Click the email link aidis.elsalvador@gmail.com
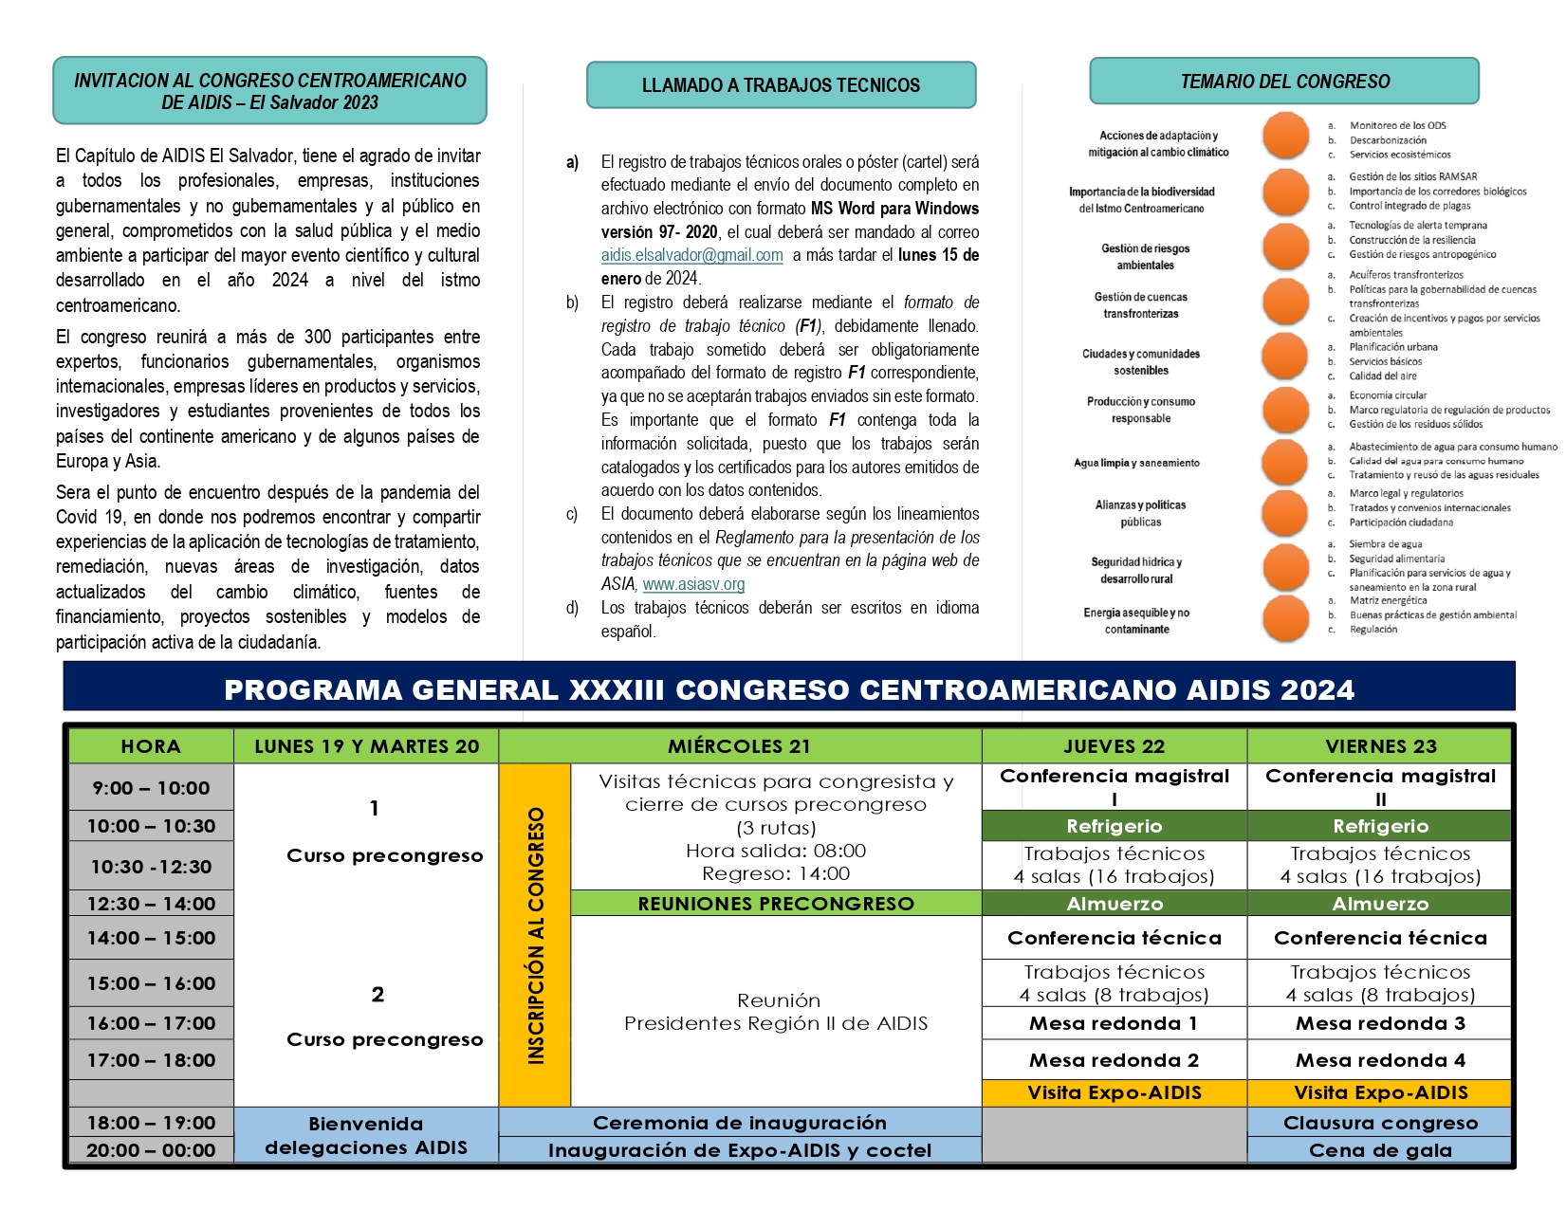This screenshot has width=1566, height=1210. (x=691, y=255)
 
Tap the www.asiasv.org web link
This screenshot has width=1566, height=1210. (x=693, y=584)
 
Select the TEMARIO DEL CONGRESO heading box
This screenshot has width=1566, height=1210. (x=1284, y=82)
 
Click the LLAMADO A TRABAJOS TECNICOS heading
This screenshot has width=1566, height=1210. (x=781, y=85)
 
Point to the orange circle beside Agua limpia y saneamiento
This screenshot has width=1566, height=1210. (x=1285, y=462)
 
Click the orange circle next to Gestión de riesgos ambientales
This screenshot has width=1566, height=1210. (x=1285, y=246)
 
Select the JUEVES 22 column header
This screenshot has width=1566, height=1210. (x=1114, y=746)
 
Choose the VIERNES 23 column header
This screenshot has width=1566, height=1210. (x=1380, y=746)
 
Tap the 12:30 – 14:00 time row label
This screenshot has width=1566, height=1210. (x=152, y=904)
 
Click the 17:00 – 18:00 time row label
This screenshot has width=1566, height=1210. (x=152, y=1060)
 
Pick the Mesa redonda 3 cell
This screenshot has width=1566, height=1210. (x=1380, y=1023)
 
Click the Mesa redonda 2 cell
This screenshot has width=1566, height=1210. (x=1114, y=1060)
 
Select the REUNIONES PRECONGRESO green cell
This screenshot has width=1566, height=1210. (x=776, y=904)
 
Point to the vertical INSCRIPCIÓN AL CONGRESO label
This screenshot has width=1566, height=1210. (x=536, y=935)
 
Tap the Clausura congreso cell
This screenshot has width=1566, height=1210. (x=1380, y=1123)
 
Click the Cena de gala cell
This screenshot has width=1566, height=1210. (x=1380, y=1150)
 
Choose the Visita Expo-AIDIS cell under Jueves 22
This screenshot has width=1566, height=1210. (x=1114, y=1092)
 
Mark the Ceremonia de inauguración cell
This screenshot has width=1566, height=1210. (x=740, y=1123)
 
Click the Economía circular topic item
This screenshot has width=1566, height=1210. (x=1388, y=395)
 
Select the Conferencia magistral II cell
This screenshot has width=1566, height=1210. (x=1380, y=787)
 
